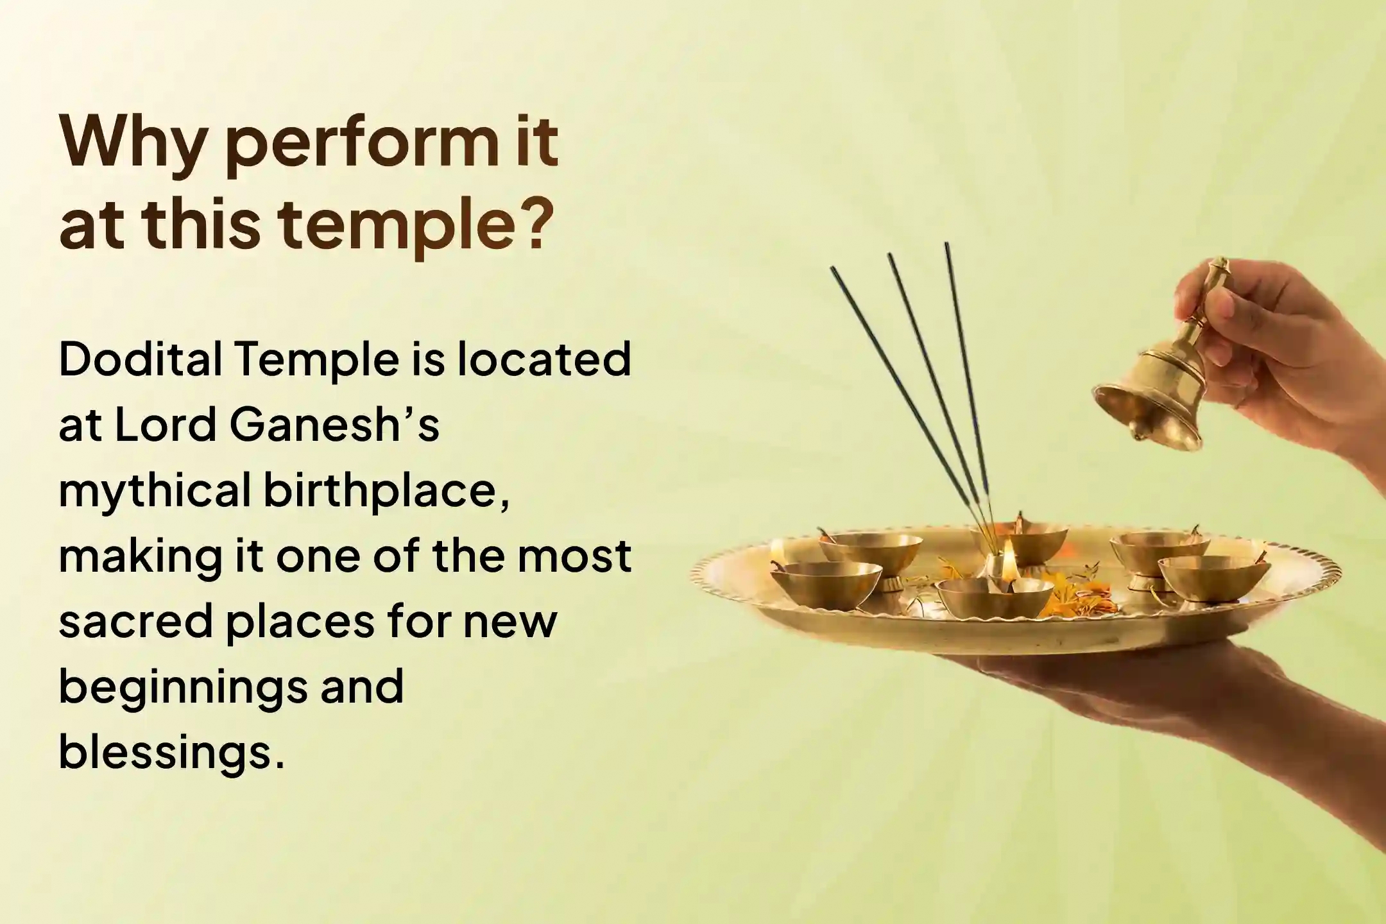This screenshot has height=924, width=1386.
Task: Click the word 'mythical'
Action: coord(155,492)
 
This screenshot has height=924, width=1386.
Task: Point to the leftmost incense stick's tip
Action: coord(833,269)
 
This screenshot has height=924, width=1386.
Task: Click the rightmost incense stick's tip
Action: coord(946,245)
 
